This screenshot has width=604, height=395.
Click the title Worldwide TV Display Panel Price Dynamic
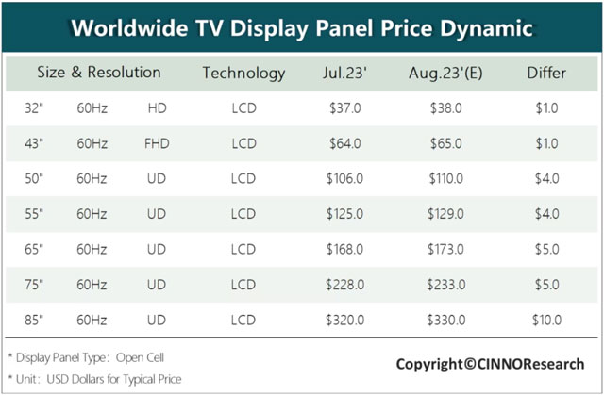302,27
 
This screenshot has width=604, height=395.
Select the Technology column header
243,73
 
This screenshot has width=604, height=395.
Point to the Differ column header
545,73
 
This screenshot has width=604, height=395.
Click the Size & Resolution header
99,73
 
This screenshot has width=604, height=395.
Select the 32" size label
34,108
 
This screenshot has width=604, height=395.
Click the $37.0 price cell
345,108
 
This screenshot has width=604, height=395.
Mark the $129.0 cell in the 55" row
445,214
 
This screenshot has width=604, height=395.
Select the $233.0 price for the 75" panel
445,285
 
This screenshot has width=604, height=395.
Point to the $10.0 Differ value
545,321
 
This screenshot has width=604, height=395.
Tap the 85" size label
34,321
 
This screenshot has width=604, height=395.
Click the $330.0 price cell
445,321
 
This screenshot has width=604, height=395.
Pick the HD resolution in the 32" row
157,108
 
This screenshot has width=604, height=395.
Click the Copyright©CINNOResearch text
490,364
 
